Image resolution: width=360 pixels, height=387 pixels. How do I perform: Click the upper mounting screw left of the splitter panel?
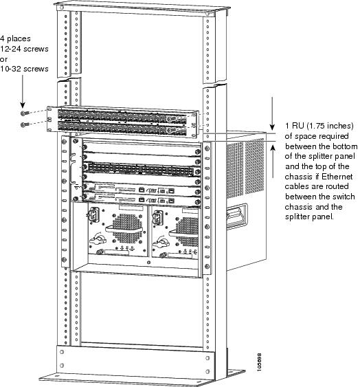pos(25,113)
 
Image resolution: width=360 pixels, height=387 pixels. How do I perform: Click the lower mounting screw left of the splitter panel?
pos(25,124)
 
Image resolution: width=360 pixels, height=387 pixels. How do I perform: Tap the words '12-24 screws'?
pos(24,49)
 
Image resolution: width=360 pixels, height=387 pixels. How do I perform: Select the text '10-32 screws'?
pos(24,69)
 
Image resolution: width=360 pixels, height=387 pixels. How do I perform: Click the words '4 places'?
pos(15,38)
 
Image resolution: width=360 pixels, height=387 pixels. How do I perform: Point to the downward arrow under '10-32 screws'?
pos(23,91)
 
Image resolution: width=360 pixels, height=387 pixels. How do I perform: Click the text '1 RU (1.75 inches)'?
pos(319,126)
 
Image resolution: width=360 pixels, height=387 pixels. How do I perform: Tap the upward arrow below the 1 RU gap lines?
pos(273,161)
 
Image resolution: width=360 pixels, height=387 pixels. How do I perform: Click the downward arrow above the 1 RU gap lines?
pos(272,113)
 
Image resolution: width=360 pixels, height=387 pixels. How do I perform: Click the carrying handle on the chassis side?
pos(236,217)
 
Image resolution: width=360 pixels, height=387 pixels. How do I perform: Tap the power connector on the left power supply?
pos(93,214)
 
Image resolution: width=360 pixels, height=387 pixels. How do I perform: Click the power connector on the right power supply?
pos(158,217)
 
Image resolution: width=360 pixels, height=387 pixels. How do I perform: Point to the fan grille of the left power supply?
pos(126,228)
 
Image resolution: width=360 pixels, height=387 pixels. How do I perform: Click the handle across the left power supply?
pos(124,230)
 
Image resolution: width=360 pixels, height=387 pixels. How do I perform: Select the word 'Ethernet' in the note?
pos(337,177)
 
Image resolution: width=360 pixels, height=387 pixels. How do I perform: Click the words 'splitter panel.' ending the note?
pos(309,217)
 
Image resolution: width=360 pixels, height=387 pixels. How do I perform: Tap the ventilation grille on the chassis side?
pos(245,168)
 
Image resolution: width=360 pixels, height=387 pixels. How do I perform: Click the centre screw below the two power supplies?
pos(148,262)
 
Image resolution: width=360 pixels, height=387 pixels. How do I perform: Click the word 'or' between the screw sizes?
pos(3,59)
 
